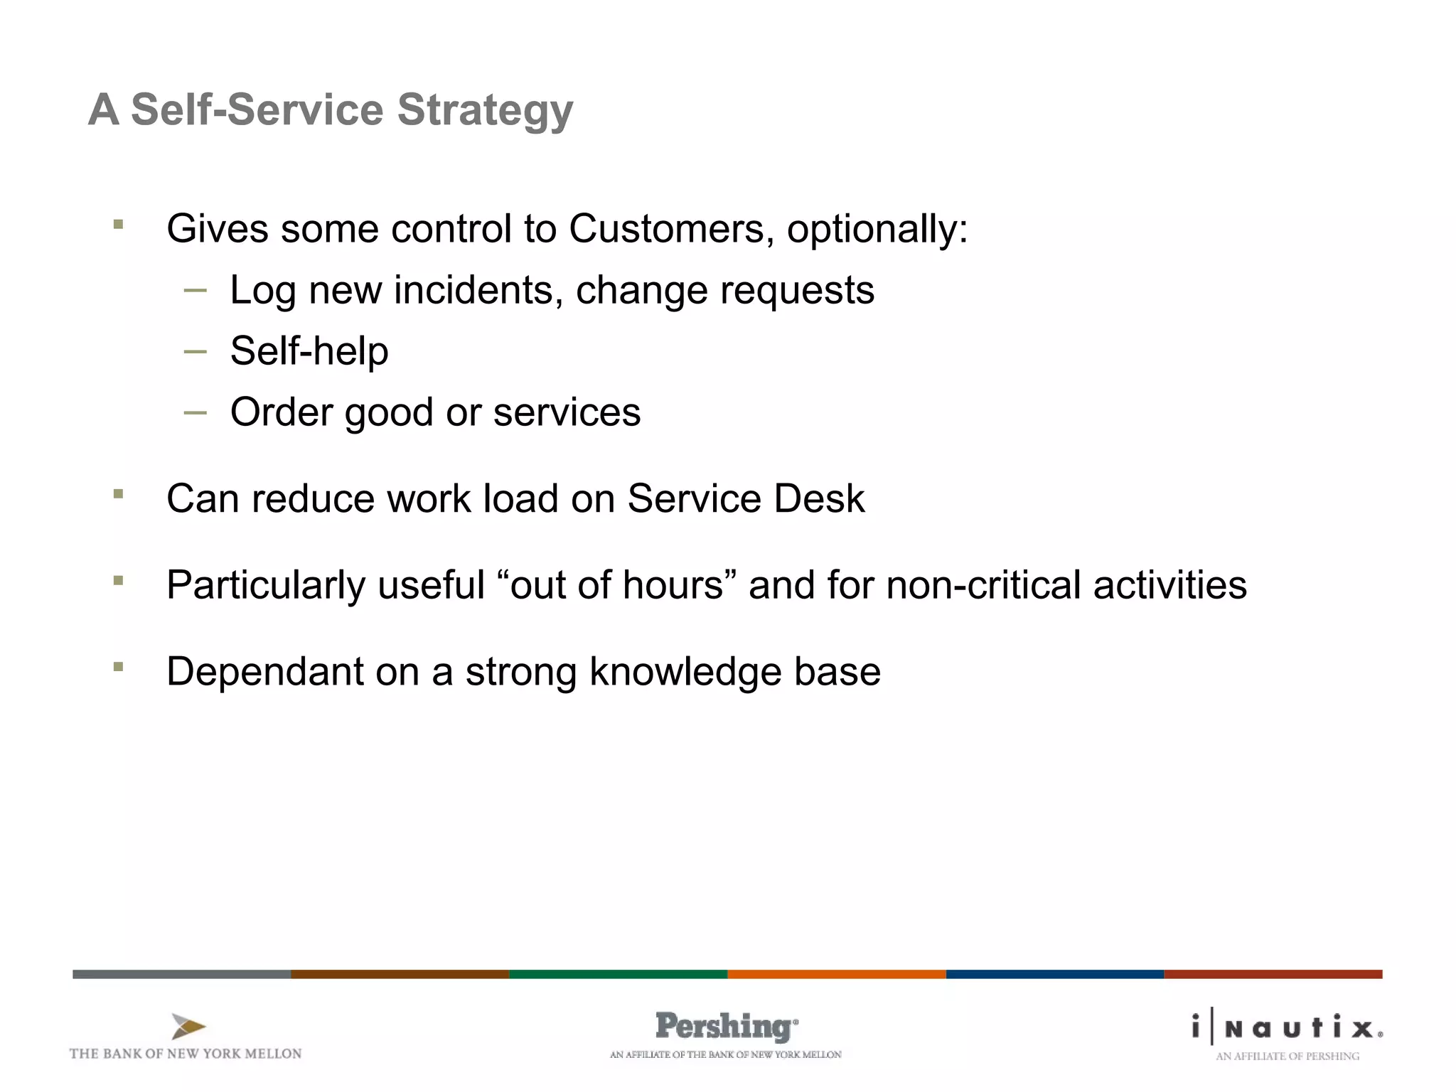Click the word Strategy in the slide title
click(485, 111)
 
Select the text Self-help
click(309, 351)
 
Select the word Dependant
click(264, 672)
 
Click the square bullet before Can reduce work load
click(118, 493)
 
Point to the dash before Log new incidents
click(195, 290)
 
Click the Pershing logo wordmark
click(725, 1027)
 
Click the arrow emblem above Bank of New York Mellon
click(188, 1027)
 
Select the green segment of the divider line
click(618, 974)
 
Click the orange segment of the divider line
click(836, 974)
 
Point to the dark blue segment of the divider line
click(1054, 974)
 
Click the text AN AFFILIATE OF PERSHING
click(1287, 1056)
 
